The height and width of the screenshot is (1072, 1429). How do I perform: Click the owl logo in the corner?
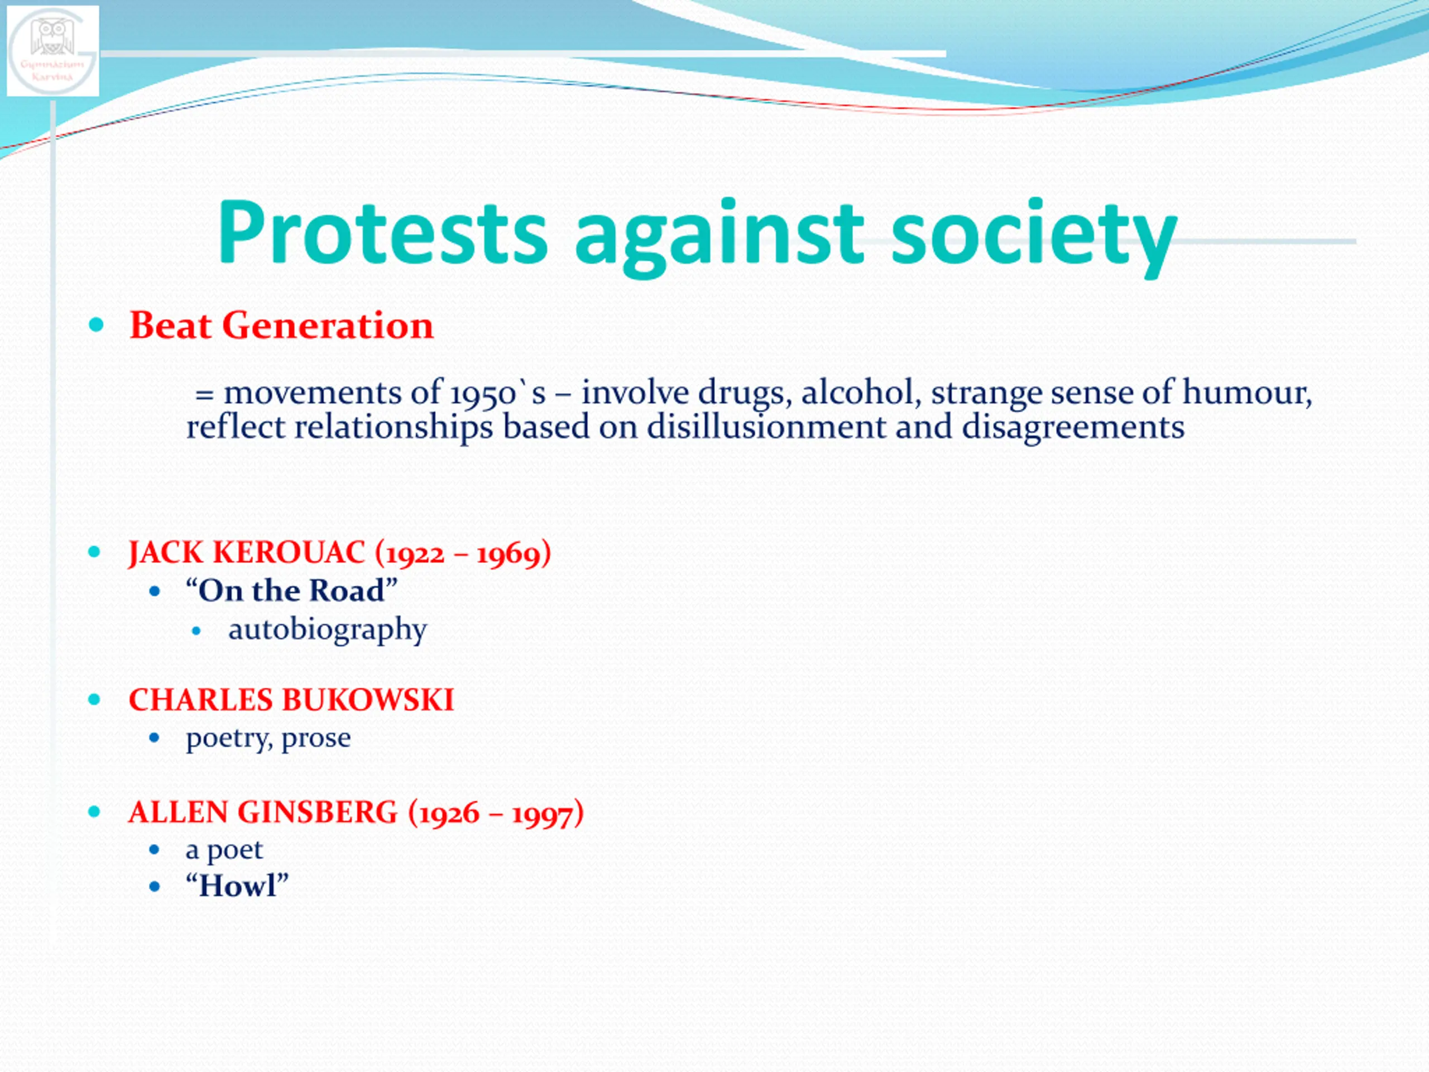[x=53, y=51]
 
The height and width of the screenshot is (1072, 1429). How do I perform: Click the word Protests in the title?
[x=382, y=233]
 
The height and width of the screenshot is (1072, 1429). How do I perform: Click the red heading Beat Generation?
[x=281, y=325]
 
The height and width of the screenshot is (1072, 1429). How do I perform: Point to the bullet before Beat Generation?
[x=95, y=324]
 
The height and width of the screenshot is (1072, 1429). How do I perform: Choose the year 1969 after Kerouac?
[x=507, y=554]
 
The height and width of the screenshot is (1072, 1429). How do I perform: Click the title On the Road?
[x=291, y=591]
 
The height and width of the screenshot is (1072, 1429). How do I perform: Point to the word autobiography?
[x=328, y=629]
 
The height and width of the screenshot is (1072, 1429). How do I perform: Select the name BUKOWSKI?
[x=368, y=700]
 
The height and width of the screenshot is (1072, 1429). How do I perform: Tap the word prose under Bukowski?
[x=316, y=739]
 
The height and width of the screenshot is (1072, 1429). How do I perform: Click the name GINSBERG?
[x=317, y=812]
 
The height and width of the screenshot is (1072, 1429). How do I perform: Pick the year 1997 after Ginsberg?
[x=543, y=813]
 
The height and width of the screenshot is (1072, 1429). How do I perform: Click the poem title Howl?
[x=237, y=886]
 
